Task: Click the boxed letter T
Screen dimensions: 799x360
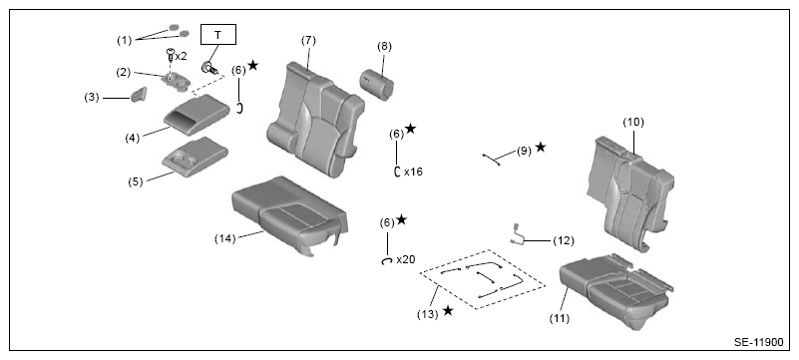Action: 218,35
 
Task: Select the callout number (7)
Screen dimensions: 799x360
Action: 309,41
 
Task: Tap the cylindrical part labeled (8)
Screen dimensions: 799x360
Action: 378,85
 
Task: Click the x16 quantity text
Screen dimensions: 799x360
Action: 413,173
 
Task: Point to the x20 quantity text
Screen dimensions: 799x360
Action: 406,259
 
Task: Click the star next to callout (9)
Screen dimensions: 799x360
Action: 541,148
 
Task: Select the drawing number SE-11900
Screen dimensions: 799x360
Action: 759,342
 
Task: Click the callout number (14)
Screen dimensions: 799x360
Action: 224,238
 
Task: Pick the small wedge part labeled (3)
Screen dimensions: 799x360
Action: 139,94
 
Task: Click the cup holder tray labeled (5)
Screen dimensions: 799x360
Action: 196,157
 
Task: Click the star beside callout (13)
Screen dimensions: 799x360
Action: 448,310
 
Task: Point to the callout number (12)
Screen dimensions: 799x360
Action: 564,241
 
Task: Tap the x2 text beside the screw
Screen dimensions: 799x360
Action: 181,57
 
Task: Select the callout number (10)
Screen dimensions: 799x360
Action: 633,123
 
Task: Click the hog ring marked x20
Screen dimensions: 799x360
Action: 387,260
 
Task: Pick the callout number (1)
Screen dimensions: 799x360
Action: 125,40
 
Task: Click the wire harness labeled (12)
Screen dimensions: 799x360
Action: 518,234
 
